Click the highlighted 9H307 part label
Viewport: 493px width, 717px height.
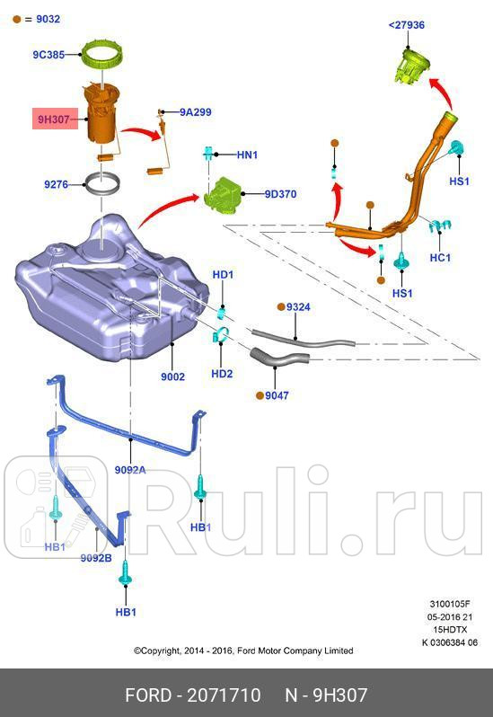[x=54, y=118]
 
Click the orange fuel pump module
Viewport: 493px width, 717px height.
[x=103, y=116]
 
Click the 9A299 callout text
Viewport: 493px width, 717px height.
[x=195, y=112]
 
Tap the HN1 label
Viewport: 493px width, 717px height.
[x=247, y=155]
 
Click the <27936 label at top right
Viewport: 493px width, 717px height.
[x=406, y=25]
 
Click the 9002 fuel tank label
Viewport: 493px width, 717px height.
[x=172, y=376]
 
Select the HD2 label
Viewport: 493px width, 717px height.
[x=222, y=373]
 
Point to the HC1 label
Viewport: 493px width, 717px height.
[x=440, y=257]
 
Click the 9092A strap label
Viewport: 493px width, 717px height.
[x=130, y=469]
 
